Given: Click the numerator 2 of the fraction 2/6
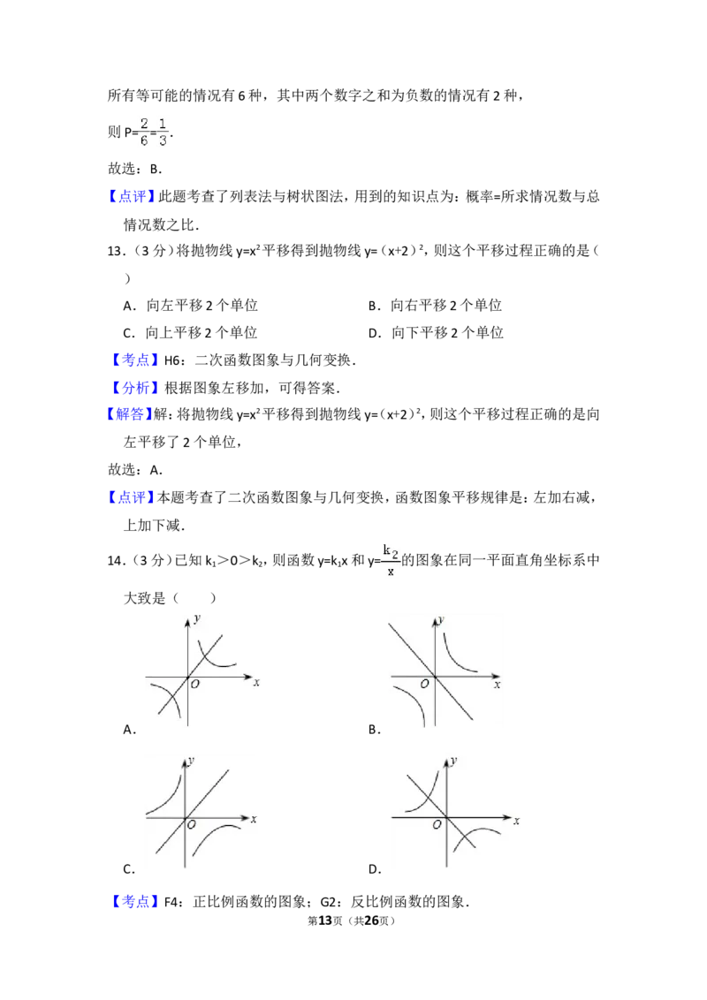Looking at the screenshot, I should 144,123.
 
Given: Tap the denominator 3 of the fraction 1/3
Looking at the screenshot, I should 163,140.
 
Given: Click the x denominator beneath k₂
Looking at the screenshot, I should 389,572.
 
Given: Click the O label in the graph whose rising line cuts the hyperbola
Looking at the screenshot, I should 194,686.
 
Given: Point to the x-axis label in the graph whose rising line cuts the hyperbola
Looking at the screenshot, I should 256,682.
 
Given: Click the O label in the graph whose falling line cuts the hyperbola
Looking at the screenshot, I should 437,825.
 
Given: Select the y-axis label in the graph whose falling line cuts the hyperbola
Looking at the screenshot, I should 453,760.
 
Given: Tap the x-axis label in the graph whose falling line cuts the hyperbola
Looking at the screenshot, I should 516,822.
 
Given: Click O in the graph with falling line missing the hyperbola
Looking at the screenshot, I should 425,684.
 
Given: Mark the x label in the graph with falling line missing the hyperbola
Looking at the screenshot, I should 498,685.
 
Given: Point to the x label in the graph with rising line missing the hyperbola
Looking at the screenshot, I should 254,820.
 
